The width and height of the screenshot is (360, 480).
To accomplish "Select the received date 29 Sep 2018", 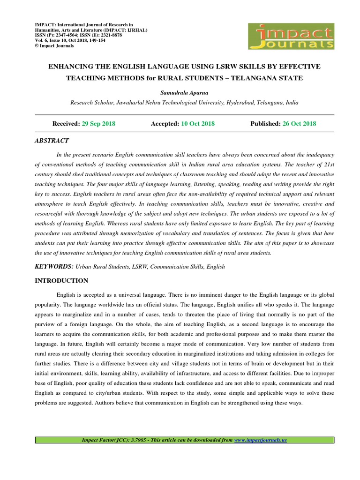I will pos(98,124).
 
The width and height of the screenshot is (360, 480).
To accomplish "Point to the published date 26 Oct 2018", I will pos(299,124).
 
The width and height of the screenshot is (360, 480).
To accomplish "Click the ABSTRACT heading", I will pos(52,141).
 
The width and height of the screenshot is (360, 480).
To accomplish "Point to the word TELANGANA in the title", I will pos(259,78).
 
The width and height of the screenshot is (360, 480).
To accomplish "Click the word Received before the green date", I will pos(66,124).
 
